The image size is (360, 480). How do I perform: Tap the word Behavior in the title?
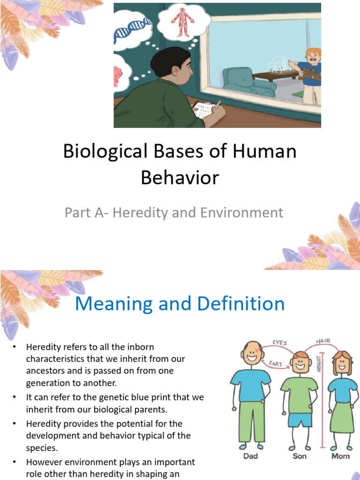click(180, 178)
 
